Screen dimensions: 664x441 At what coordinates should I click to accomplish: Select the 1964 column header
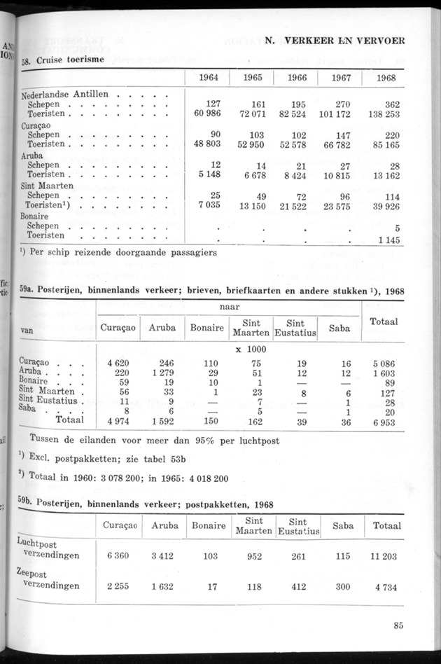click(x=208, y=78)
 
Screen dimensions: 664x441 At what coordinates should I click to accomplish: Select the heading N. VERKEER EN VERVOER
click(x=334, y=41)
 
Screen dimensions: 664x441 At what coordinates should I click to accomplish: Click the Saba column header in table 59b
click(x=342, y=525)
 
